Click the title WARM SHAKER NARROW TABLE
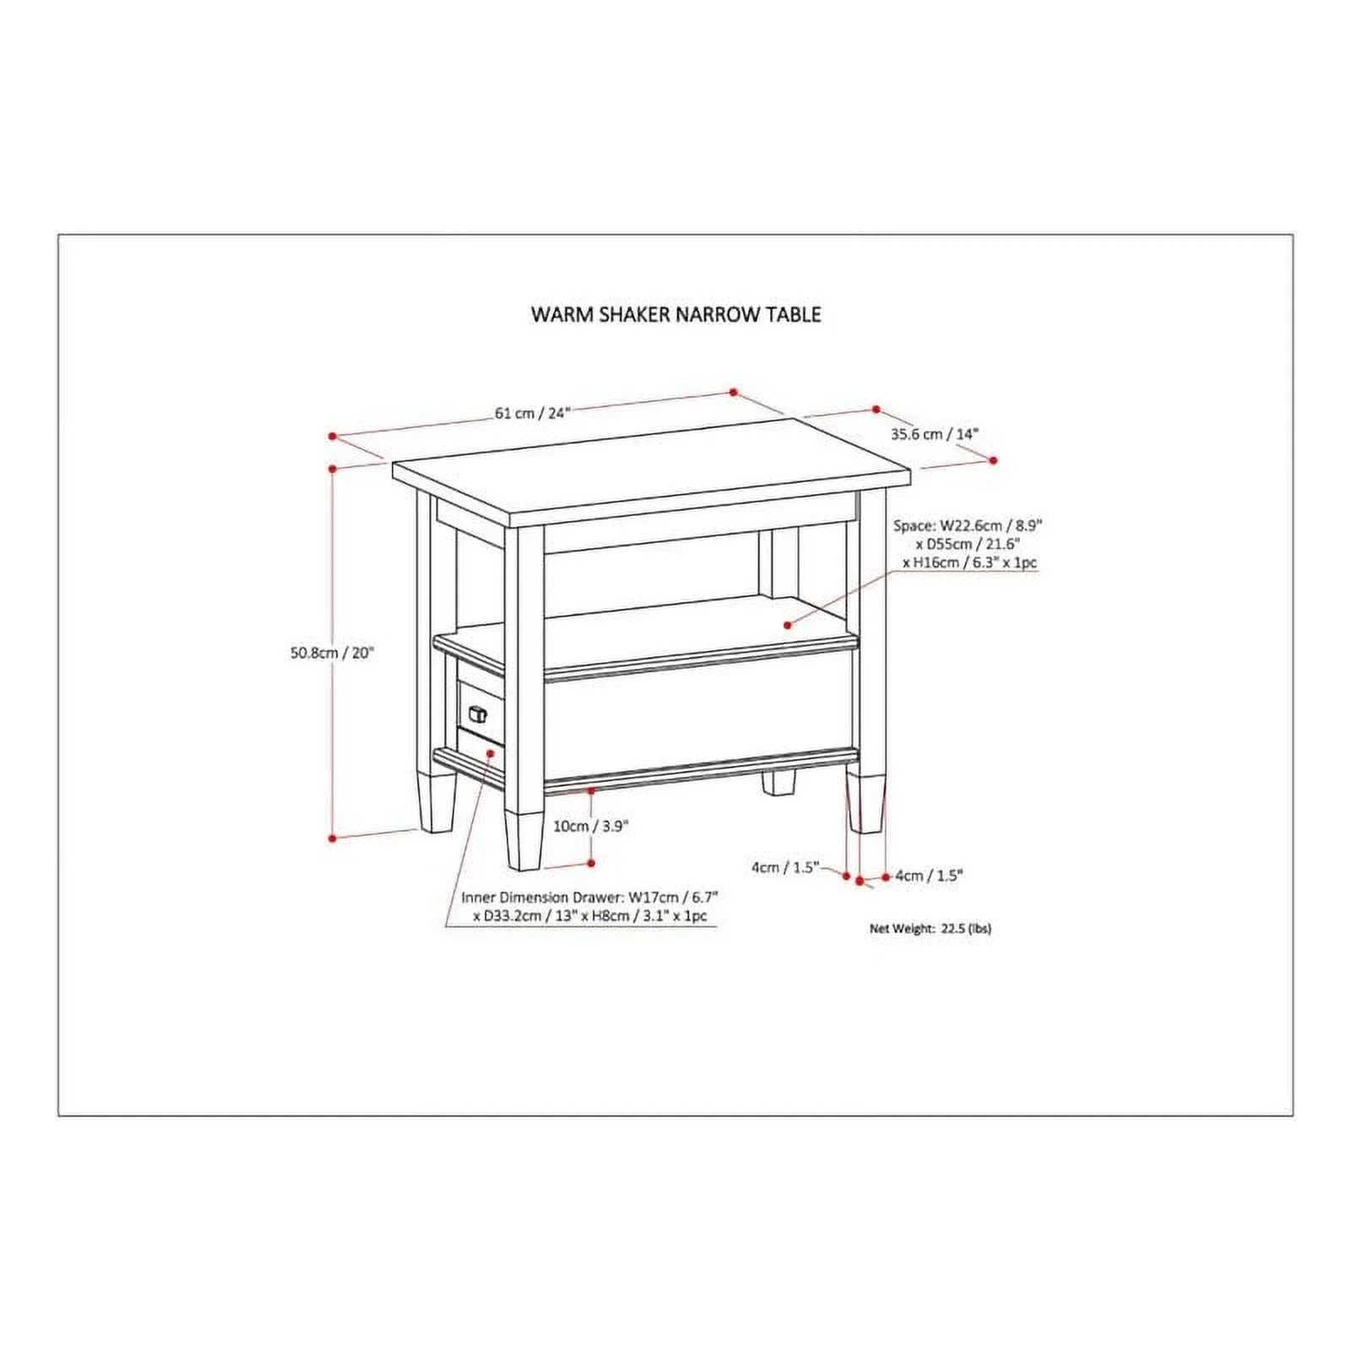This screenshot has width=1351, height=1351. click(675, 314)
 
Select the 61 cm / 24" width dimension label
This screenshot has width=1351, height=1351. click(533, 413)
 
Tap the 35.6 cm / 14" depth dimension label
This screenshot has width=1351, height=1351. click(934, 434)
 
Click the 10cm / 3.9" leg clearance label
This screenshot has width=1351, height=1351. click(591, 827)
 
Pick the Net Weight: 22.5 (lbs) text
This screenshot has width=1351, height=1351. click(931, 929)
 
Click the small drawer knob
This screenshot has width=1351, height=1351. click(477, 714)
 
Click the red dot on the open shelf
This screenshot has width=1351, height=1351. click(787, 625)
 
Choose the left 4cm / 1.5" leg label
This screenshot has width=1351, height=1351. click(785, 867)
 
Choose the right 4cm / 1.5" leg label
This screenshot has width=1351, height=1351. click(929, 876)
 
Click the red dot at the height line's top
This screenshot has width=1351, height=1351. click(333, 468)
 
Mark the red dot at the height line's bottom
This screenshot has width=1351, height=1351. click(333, 838)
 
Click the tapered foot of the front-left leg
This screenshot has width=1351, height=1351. click(524, 841)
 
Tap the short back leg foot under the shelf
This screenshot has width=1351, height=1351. click(779, 783)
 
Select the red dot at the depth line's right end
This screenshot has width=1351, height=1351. click(993, 460)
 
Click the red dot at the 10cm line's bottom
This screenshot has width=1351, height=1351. click(591, 863)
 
